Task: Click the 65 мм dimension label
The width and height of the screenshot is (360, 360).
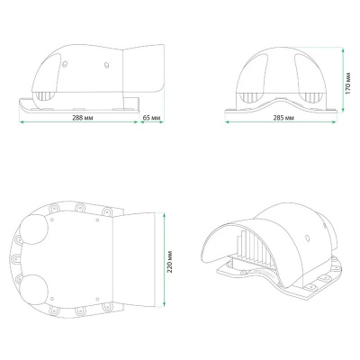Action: pos(151,118)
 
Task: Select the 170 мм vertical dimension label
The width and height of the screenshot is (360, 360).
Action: pos(347,83)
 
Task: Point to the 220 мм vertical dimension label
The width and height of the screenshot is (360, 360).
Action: pos(170,261)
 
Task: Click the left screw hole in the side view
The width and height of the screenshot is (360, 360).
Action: pos(65,64)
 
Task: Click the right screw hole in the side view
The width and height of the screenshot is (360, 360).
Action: pos(106,65)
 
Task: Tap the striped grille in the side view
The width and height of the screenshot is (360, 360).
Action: pos(44,96)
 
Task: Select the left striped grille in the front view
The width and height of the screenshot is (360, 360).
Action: pos(251,97)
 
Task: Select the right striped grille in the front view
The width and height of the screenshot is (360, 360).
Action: pos(313,97)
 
